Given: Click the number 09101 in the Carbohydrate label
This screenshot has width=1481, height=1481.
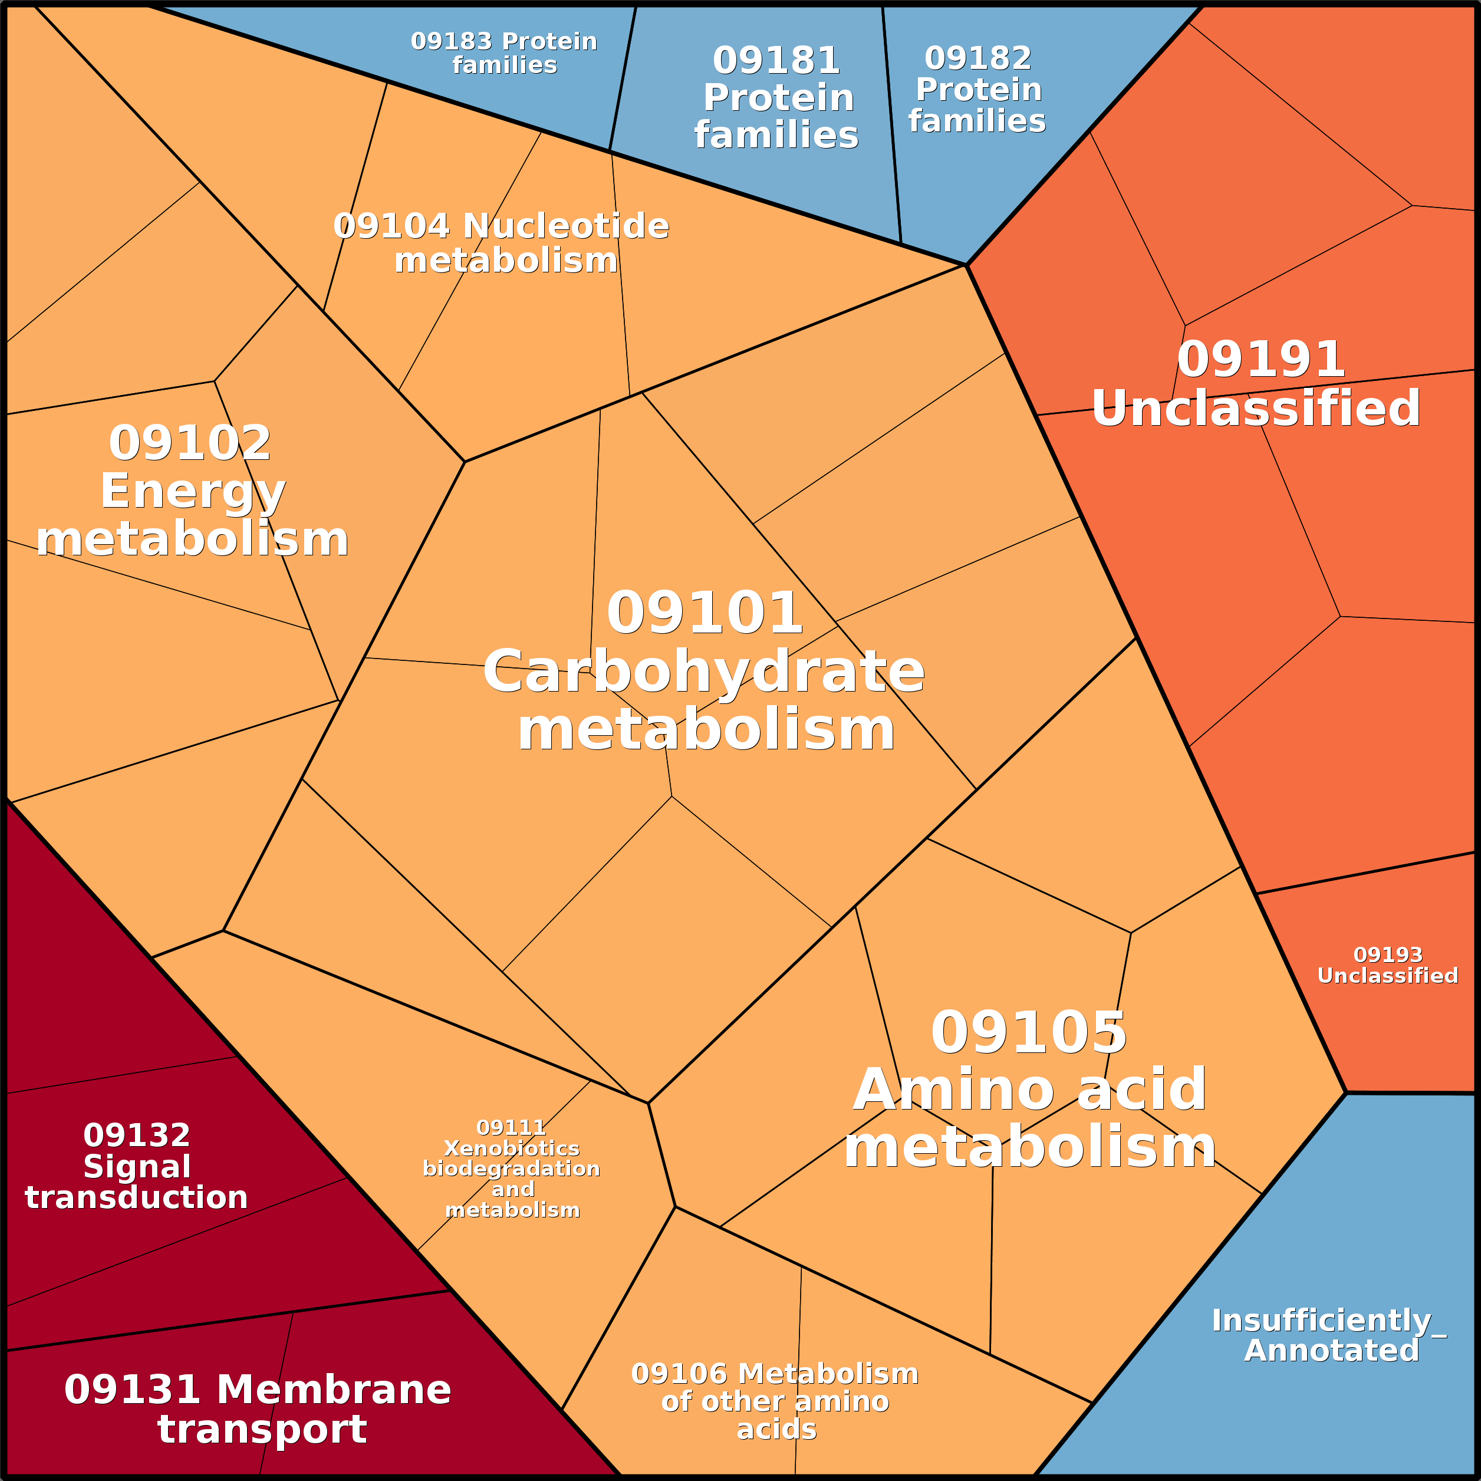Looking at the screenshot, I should coord(705,613).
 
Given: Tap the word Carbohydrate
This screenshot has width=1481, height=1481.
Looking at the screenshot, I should coord(704,672).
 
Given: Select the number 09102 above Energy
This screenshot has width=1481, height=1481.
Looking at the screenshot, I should coord(190,443).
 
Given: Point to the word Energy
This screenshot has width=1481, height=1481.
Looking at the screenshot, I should coord(192,491).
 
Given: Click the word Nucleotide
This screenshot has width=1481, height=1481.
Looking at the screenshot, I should coord(566,226).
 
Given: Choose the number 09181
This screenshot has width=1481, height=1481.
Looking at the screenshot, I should coord(776,61).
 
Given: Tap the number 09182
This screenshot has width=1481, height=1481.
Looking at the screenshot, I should coord(978,58).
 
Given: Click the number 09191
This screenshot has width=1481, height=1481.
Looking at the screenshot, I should coord(1261,360).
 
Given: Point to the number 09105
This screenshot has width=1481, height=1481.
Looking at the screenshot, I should coord(1029,1032).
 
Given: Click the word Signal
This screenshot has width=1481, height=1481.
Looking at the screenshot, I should coord(137,1167).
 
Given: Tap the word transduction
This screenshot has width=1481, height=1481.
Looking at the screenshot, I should coord(136,1197).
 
